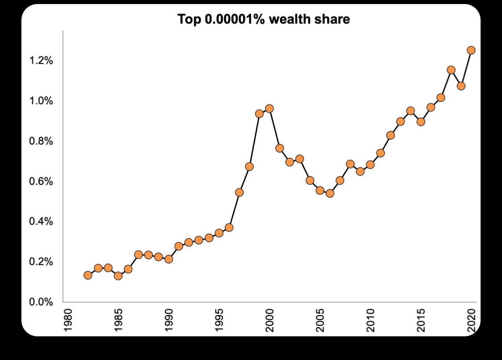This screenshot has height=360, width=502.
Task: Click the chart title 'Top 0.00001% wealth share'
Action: [264, 19]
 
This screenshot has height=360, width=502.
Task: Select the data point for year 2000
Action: [269, 109]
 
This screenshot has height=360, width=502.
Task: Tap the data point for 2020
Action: [471, 50]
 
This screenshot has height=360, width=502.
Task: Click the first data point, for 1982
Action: [88, 275]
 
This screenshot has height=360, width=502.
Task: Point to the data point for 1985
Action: [118, 276]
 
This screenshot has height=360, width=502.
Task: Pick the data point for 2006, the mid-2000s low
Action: [330, 193]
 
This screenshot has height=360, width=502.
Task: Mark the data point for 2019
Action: [461, 86]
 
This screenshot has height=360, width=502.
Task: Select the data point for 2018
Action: [451, 70]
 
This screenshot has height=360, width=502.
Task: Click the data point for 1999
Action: [259, 113]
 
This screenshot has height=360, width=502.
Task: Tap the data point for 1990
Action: [169, 259]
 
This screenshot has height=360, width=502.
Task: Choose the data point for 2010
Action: [370, 164]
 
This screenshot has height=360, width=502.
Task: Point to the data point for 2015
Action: [420, 121]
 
